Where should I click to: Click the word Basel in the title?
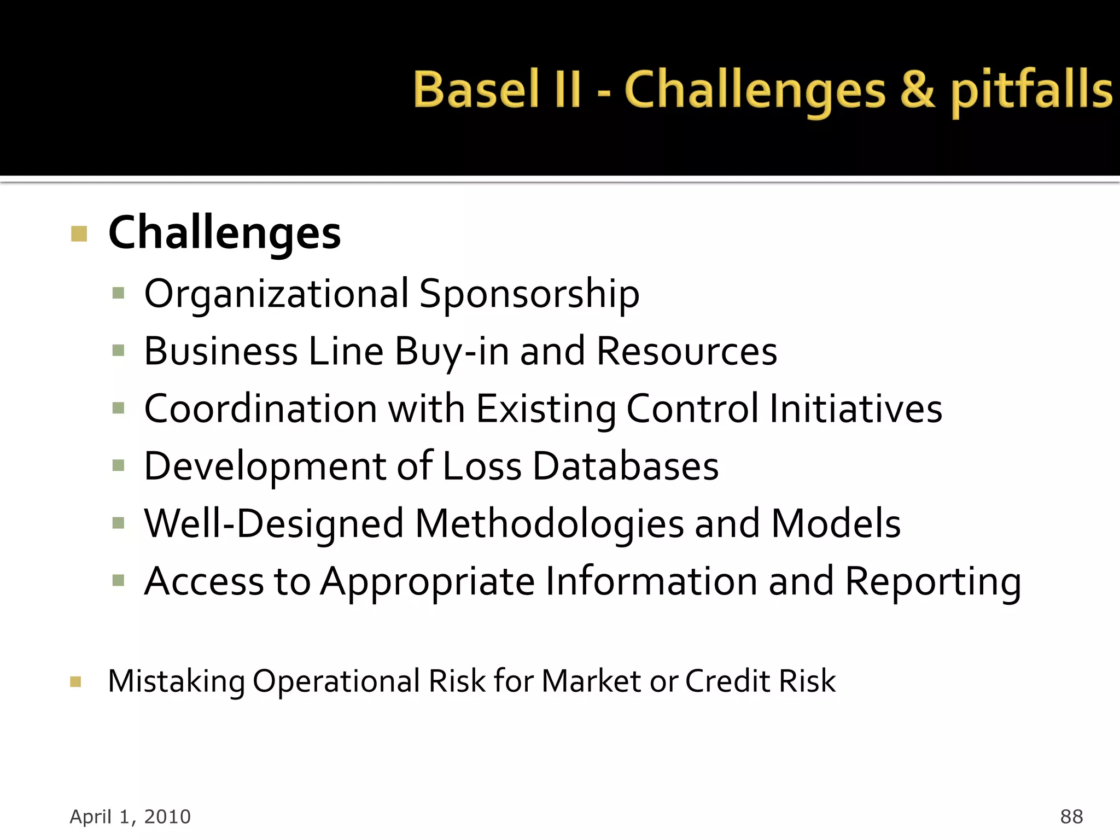click(x=476, y=90)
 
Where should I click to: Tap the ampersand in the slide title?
click(x=917, y=90)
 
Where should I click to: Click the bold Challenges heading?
click(x=224, y=234)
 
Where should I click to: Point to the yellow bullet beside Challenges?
click(x=79, y=234)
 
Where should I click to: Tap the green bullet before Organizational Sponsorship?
click(x=118, y=294)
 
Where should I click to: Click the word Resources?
click(x=686, y=352)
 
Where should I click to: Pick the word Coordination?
click(x=260, y=409)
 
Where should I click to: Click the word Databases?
click(x=625, y=466)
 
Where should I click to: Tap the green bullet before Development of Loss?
click(x=118, y=466)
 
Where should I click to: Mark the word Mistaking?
click(x=176, y=682)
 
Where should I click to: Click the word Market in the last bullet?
click(x=591, y=681)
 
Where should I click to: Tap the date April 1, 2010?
click(x=130, y=816)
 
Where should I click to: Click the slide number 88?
click(x=1071, y=816)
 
